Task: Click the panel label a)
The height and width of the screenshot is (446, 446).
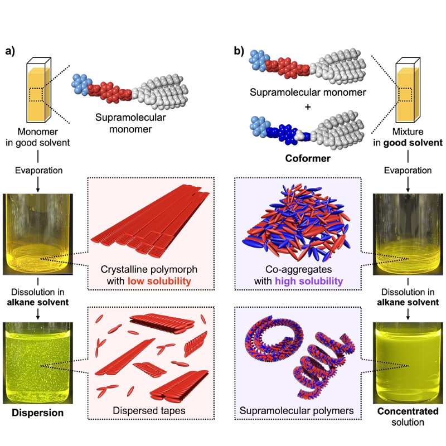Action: [x=10, y=51]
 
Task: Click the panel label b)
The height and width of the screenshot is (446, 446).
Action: [x=239, y=51]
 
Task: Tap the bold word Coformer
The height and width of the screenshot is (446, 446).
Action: [x=308, y=158]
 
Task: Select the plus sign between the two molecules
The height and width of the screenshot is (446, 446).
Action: [x=308, y=107]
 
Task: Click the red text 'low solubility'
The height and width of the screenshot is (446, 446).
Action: [x=159, y=281]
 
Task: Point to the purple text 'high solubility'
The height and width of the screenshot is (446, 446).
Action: [x=309, y=281]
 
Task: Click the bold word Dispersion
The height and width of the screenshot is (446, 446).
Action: [x=37, y=413]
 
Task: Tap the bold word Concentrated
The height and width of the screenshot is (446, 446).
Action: [x=408, y=411]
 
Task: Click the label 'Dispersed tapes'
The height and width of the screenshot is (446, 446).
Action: [x=149, y=410]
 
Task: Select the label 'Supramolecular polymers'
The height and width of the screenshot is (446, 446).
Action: [x=297, y=410]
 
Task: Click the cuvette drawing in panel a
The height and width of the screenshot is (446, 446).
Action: [x=38, y=90]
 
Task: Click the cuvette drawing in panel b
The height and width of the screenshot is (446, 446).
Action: [x=408, y=90]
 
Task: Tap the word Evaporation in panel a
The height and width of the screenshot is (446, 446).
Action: [x=38, y=171]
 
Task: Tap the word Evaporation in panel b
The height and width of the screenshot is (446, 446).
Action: [x=408, y=171]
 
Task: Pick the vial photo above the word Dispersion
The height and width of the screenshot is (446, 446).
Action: [x=38, y=363]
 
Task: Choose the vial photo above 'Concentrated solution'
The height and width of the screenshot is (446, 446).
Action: [x=408, y=363]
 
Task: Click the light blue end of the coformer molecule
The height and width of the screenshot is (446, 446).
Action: [x=259, y=127]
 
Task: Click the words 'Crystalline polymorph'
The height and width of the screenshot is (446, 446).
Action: [x=149, y=269]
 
